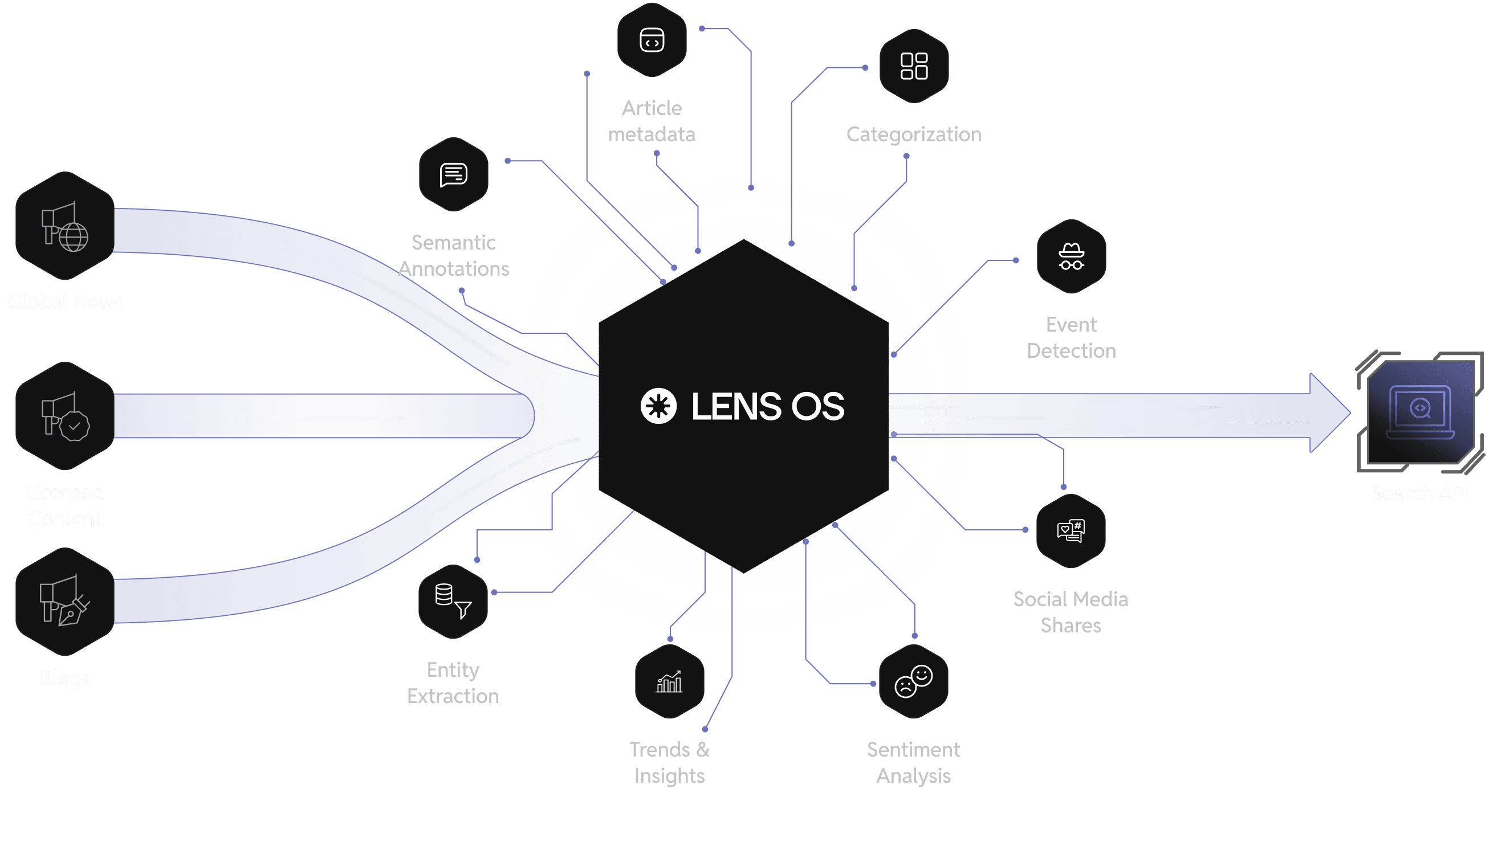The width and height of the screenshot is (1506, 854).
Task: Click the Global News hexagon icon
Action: pyautogui.click(x=64, y=226)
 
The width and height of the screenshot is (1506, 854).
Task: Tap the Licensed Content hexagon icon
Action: pyautogui.click(x=64, y=416)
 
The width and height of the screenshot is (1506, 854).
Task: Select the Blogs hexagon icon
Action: pyautogui.click(x=64, y=602)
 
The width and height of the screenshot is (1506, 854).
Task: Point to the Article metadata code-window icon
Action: pyautogui.click(x=652, y=40)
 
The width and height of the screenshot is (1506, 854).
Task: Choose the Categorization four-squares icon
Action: pyautogui.click(x=914, y=66)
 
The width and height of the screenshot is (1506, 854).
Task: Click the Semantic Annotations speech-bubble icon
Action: pyautogui.click(x=454, y=174)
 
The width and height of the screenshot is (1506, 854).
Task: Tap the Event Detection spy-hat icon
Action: pyautogui.click(x=1071, y=256)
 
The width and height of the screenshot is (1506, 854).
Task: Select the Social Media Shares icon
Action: pyautogui.click(x=1071, y=531)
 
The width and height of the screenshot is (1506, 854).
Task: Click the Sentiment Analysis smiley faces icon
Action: pyautogui.click(x=913, y=681)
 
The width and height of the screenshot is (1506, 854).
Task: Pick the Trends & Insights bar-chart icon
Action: pyautogui.click(x=669, y=681)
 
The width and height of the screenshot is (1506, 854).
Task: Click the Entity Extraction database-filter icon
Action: pyautogui.click(x=453, y=602)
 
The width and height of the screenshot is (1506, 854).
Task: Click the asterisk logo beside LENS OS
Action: pyautogui.click(x=658, y=406)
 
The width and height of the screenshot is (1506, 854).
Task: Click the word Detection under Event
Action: pyautogui.click(x=1071, y=351)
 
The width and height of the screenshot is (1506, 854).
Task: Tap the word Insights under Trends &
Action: pyautogui.click(x=669, y=776)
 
